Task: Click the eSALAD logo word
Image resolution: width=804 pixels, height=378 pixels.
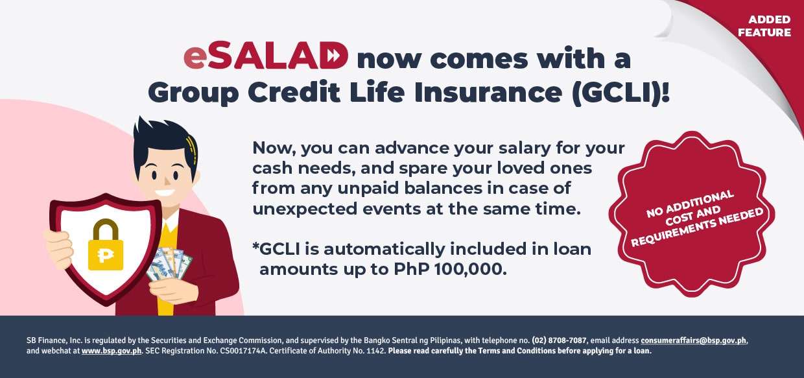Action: [x=266, y=58]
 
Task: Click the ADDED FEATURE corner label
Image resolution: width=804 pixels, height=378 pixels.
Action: [x=769, y=26]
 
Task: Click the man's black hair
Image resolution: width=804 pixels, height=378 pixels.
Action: [x=162, y=139]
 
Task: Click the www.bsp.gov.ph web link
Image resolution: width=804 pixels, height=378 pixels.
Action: [x=112, y=351]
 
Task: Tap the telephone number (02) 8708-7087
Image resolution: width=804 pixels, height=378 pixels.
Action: [x=559, y=340]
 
